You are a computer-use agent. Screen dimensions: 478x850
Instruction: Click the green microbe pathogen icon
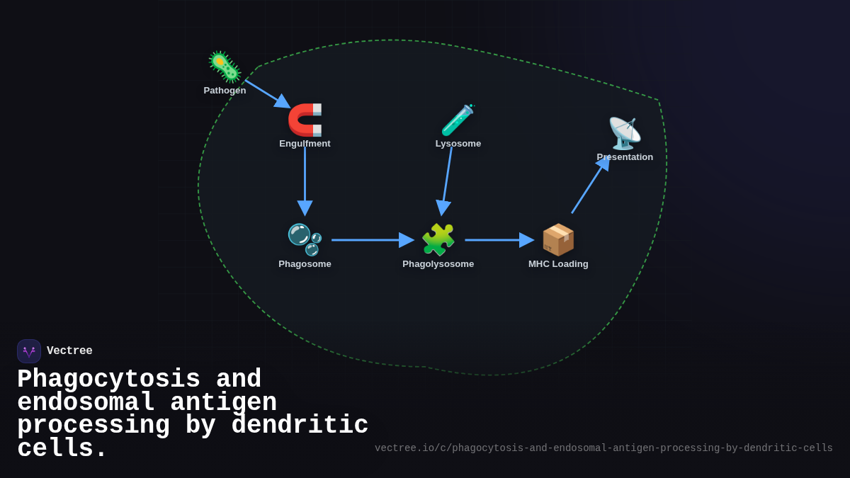tap(225, 67)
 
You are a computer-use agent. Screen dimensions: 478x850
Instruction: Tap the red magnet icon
tap(305, 120)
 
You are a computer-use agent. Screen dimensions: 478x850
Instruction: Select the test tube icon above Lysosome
tap(458, 120)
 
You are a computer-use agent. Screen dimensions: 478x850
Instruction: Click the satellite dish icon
tap(624, 133)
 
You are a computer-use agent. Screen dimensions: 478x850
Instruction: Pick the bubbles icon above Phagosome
tap(305, 239)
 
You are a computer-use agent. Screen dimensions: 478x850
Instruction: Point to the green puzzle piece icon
tap(438, 239)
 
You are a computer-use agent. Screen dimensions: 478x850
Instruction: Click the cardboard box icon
tap(558, 239)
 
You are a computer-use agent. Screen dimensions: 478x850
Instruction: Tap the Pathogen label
tap(225, 91)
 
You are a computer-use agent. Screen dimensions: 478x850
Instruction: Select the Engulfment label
tap(305, 144)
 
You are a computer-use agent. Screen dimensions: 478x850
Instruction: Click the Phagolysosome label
tap(438, 264)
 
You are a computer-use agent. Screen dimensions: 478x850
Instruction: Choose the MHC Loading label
tap(558, 264)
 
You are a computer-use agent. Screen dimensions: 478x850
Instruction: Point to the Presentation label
tap(625, 157)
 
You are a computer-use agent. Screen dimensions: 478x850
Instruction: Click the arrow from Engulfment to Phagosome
tap(305, 177)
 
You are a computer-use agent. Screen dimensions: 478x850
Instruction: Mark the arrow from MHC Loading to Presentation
tap(589, 186)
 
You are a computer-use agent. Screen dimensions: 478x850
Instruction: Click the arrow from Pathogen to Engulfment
tap(266, 93)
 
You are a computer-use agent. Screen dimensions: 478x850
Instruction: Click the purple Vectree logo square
tap(29, 351)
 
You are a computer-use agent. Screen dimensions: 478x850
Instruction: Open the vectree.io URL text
tap(603, 448)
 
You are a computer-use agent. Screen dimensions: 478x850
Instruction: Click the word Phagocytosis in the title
tap(108, 380)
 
